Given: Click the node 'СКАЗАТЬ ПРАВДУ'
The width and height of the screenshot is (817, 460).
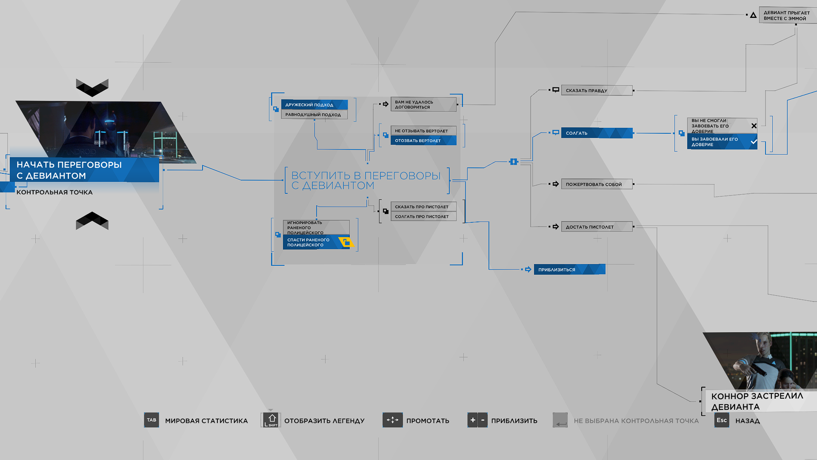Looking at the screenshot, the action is (597, 90).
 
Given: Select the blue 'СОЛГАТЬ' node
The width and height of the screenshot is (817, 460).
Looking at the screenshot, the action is (597, 133).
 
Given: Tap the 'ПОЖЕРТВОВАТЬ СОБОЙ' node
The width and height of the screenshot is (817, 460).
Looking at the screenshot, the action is (597, 184).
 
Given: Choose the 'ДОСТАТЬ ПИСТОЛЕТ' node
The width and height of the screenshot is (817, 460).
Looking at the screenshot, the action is (597, 227).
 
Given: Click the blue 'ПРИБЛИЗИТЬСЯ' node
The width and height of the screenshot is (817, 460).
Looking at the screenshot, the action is (569, 269).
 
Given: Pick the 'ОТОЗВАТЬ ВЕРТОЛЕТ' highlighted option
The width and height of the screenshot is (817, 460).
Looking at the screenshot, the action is (423, 141).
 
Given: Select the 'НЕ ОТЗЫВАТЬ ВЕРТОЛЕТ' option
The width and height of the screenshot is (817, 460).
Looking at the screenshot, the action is (423, 131).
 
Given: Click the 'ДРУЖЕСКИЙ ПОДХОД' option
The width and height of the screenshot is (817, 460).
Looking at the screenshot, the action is (314, 105).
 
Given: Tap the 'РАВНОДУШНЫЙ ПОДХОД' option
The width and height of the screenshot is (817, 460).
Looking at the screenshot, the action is (314, 115).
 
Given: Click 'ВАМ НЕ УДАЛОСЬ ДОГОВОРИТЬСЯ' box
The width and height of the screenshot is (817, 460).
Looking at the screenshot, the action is (423, 104).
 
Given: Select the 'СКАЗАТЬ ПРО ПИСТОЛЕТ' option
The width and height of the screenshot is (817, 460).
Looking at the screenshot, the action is (423, 207).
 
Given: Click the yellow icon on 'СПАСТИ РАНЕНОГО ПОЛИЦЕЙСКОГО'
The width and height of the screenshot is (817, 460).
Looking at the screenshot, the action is (346, 242).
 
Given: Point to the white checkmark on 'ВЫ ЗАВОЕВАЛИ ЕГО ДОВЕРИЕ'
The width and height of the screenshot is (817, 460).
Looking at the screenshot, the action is (754, 142).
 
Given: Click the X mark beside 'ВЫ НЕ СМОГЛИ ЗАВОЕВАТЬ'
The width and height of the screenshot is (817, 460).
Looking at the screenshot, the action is (754, 126).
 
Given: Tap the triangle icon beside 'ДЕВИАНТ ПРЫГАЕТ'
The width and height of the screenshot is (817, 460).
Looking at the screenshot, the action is (753, 15).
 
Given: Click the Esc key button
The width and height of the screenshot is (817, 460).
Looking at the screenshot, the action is (722, 420).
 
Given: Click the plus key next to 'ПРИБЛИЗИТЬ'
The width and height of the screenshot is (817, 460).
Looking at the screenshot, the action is (472, 420).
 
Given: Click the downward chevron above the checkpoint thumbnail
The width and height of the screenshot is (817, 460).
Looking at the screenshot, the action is (92, 88).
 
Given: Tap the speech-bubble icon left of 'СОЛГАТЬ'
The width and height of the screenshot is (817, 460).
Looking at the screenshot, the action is (556, 132).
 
